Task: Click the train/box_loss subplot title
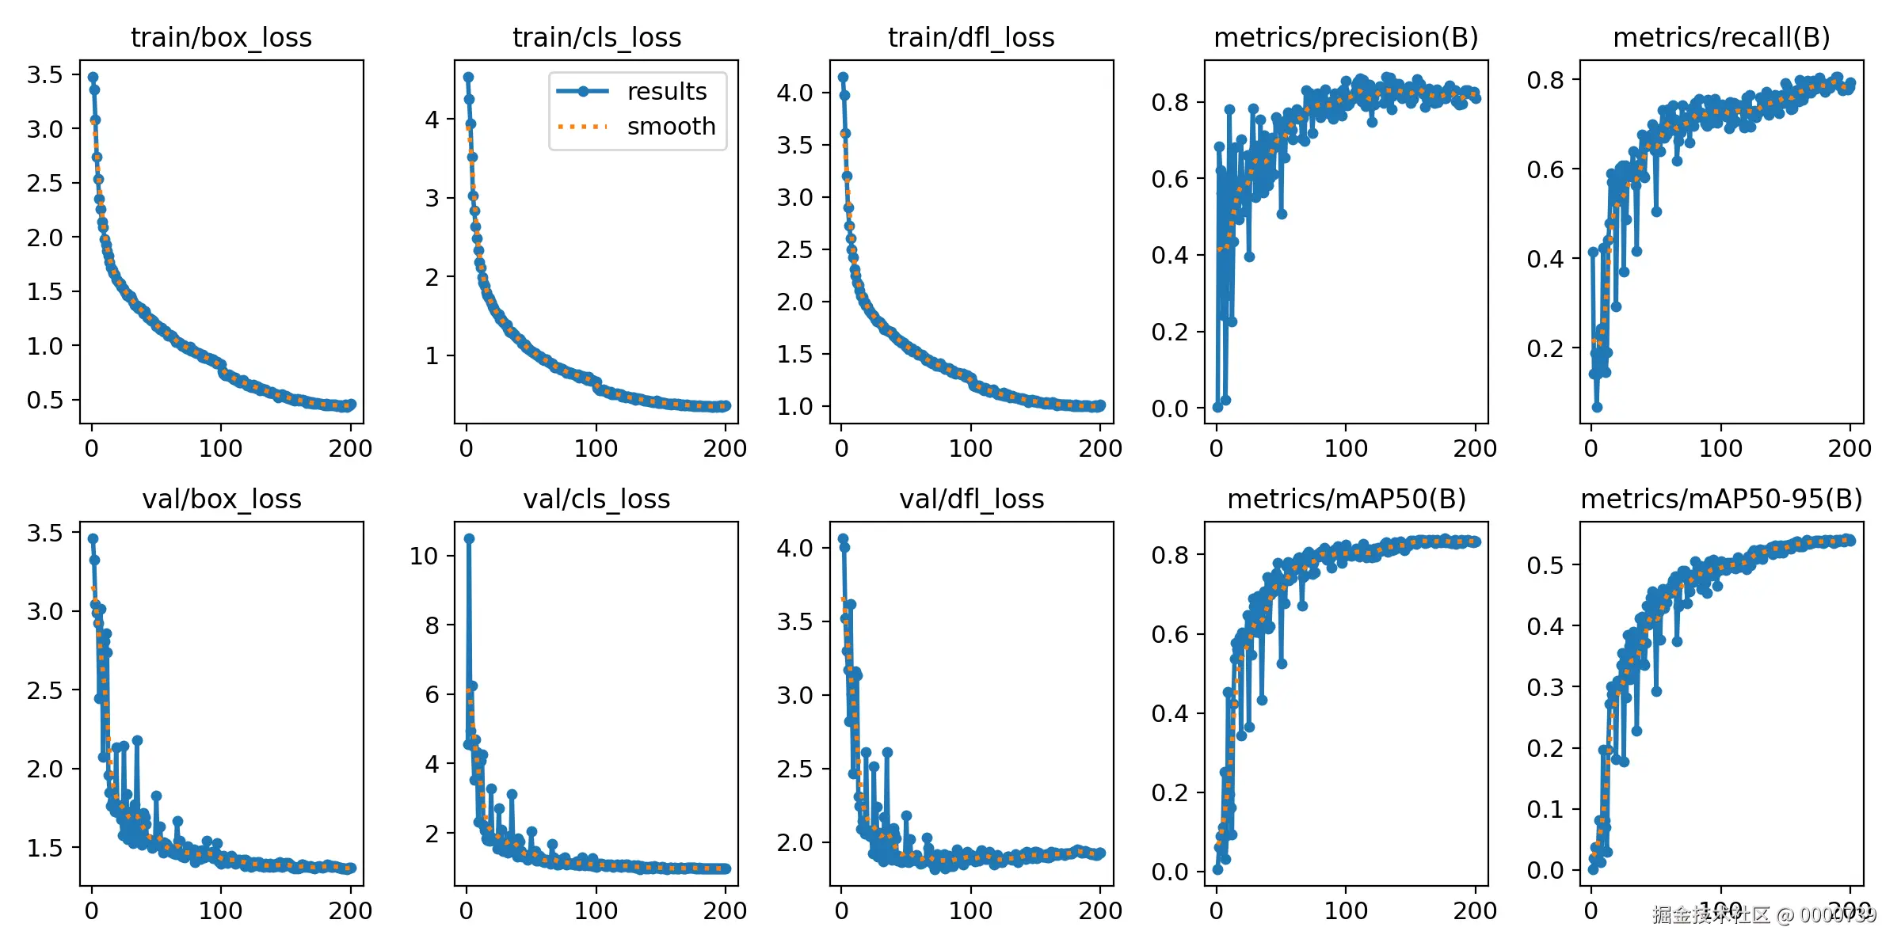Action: tap(221, 37)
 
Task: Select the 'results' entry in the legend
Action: tap(666, 92)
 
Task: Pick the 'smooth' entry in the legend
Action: tap(671, 127)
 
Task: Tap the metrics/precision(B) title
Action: tap(1346, 37)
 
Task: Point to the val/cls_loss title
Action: tap(596, 499)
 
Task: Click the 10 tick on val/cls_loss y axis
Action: tap(424, 556)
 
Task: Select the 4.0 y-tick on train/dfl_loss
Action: tap(794, 93)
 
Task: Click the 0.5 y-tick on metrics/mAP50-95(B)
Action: tap(1545, 565)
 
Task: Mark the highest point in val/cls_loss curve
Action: tap(469, 538)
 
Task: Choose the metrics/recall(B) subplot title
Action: tap(1721, 37)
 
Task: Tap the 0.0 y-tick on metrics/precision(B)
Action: tap(1170, 408)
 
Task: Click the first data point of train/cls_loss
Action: tap(468, 77)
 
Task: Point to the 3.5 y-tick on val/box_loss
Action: tap(44, 533)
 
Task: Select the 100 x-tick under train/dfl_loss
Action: tap(970, 449)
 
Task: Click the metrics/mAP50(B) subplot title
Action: tap(1346, 499)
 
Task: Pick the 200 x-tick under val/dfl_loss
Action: tap(1099, 910)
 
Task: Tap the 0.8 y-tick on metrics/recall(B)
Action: tap(1545, 80)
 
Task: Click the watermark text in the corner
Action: tap(1764, 915)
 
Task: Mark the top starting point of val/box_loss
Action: tap(93, 538)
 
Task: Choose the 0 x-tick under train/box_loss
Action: tap(92, 449)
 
